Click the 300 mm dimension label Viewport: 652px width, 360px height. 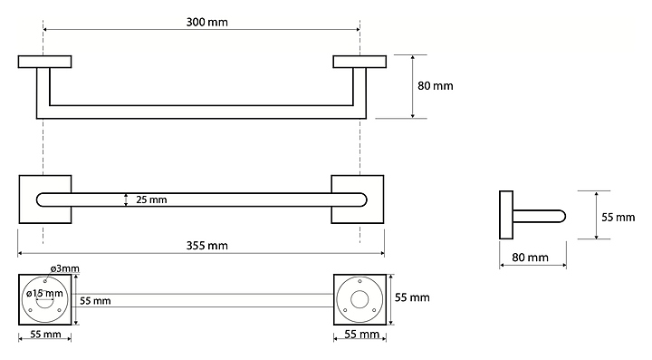click(x=206, y=22)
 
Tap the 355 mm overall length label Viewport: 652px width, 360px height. click(x=206, y=246)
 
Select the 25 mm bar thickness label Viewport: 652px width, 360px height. click(x=151, y=199)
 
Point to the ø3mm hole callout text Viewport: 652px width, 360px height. click(x=65, y=268)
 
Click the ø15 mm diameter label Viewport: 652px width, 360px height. click(x=44, y=294)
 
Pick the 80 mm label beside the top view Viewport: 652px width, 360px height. click(x=436, y=86)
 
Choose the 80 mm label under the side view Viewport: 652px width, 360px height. click(x=530, y=258)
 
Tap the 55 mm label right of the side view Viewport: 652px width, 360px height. click(x=618, y=218)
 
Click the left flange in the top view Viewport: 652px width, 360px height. click(x=45, y=62)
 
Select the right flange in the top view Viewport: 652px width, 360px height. click(x=360, y=62)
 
